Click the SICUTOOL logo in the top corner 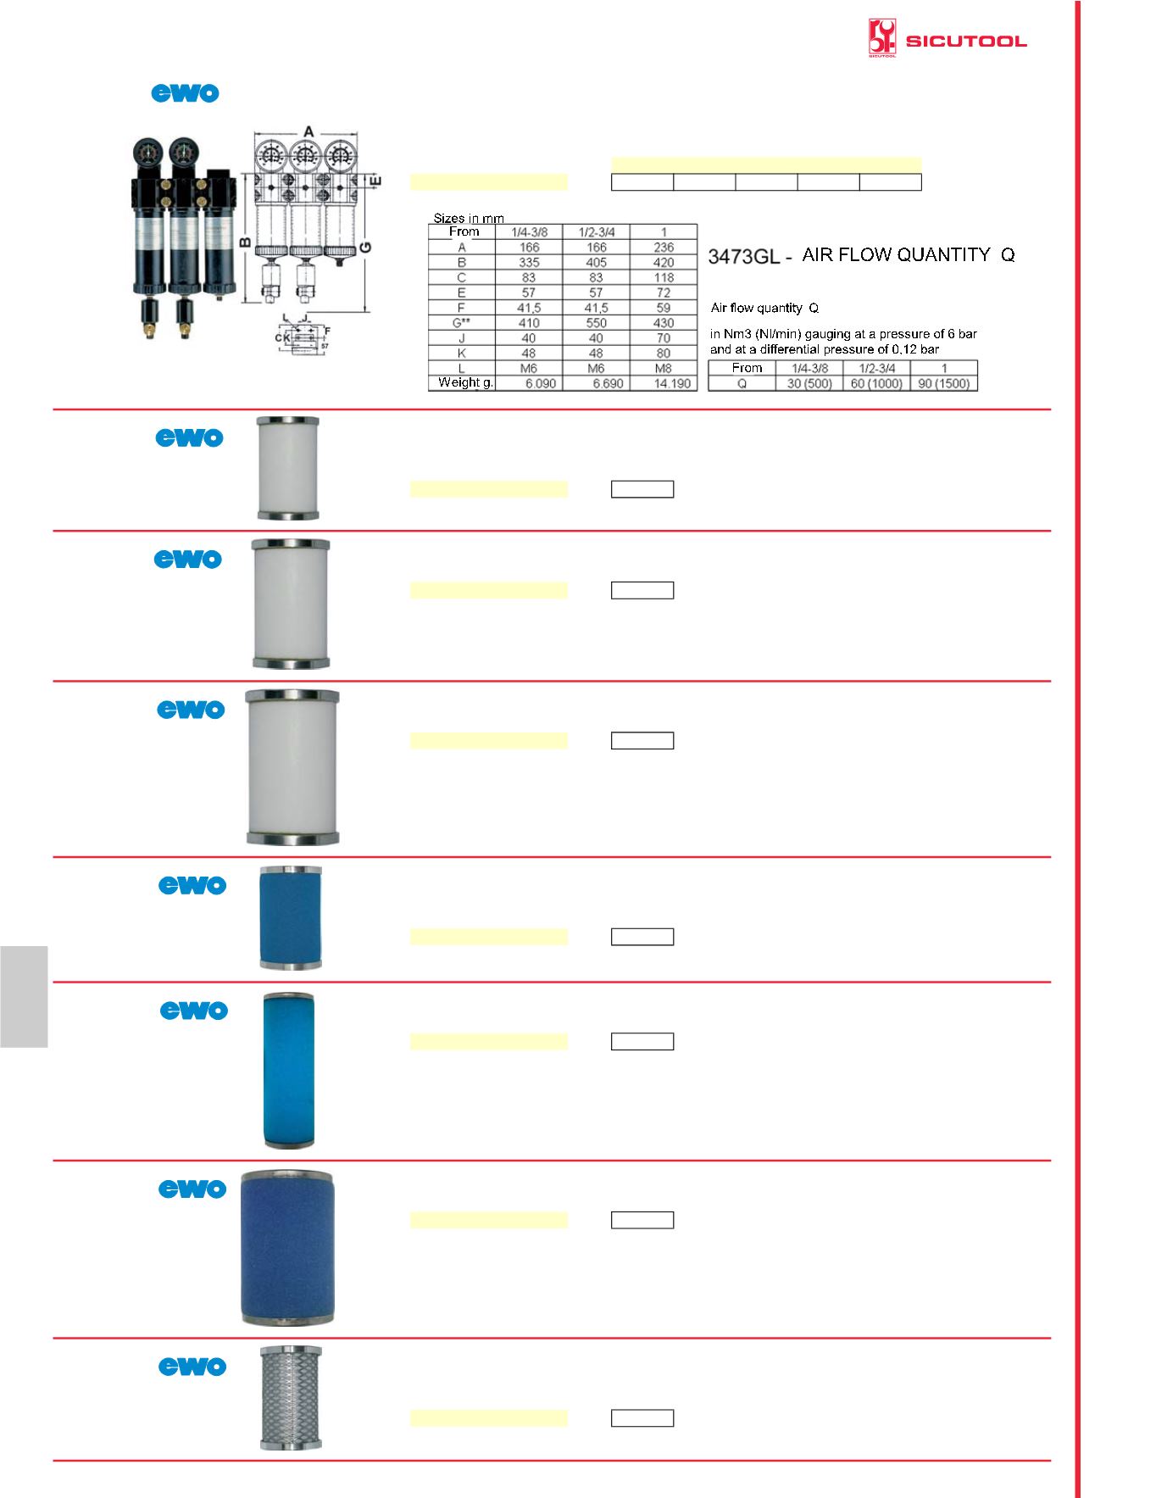(x=947, y=40)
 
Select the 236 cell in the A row (x=664, y=248)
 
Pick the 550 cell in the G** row (x=596, y=323)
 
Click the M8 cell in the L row (x=664, y=369)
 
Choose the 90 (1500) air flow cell (x=943, y=383)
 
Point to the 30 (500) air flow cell (x=809, y=383)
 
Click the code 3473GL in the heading (x=743, y=256)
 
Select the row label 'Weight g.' (x=465, y=383)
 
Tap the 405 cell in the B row (x=596, y=263)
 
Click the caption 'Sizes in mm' (x=469, y=218)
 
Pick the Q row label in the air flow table (x=742, y=383)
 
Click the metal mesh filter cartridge (x=291, y=1397)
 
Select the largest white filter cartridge (x=292, y=767)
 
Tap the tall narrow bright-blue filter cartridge (x=288, y=1071)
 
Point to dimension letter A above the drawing (x=309, y=131)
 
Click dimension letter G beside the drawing (x=365, y=248)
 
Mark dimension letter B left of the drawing (x=244, y=243)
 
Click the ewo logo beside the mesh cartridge (x=193, y=1367)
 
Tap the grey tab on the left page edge (x=24, y=997)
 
